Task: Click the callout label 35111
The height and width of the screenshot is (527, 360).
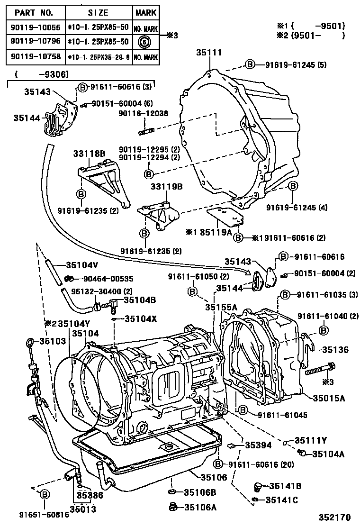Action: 208,53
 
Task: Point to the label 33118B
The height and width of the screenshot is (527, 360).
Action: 89,154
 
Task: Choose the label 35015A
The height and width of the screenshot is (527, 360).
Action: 329,398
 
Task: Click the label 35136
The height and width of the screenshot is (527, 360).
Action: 335,350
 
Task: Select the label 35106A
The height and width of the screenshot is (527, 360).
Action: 200,508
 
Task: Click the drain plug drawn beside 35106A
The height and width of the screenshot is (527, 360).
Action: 172,507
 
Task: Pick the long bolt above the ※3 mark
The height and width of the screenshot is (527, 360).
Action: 321,368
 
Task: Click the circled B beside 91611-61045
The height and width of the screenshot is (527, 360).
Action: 242,410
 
